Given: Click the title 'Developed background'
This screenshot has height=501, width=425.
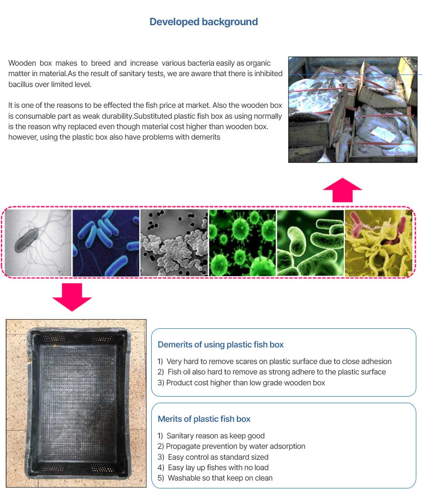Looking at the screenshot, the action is [203, 22].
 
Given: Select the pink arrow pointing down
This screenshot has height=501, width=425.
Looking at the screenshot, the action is [72, 297].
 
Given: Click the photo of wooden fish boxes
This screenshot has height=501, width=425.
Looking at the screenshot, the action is [353, 110].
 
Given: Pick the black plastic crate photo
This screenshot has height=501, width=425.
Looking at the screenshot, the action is [76, 403].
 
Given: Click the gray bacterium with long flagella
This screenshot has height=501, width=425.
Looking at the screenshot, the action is [38, 243].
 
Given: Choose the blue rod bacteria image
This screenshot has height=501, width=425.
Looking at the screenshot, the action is [106, 243].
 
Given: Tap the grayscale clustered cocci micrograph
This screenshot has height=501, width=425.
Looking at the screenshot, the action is [174, 243].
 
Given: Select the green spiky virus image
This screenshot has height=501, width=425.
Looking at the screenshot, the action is [242, 243].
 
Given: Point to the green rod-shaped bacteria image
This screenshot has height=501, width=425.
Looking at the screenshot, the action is [310, 243].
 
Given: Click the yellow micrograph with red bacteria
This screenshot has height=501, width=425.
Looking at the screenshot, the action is [379, 243].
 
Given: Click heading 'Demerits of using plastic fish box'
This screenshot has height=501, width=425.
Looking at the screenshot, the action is [221, 345].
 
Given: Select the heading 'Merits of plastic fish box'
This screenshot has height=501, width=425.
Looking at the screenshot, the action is [204, 419].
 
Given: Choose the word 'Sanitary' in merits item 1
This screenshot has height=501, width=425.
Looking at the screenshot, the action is [180, 436].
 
